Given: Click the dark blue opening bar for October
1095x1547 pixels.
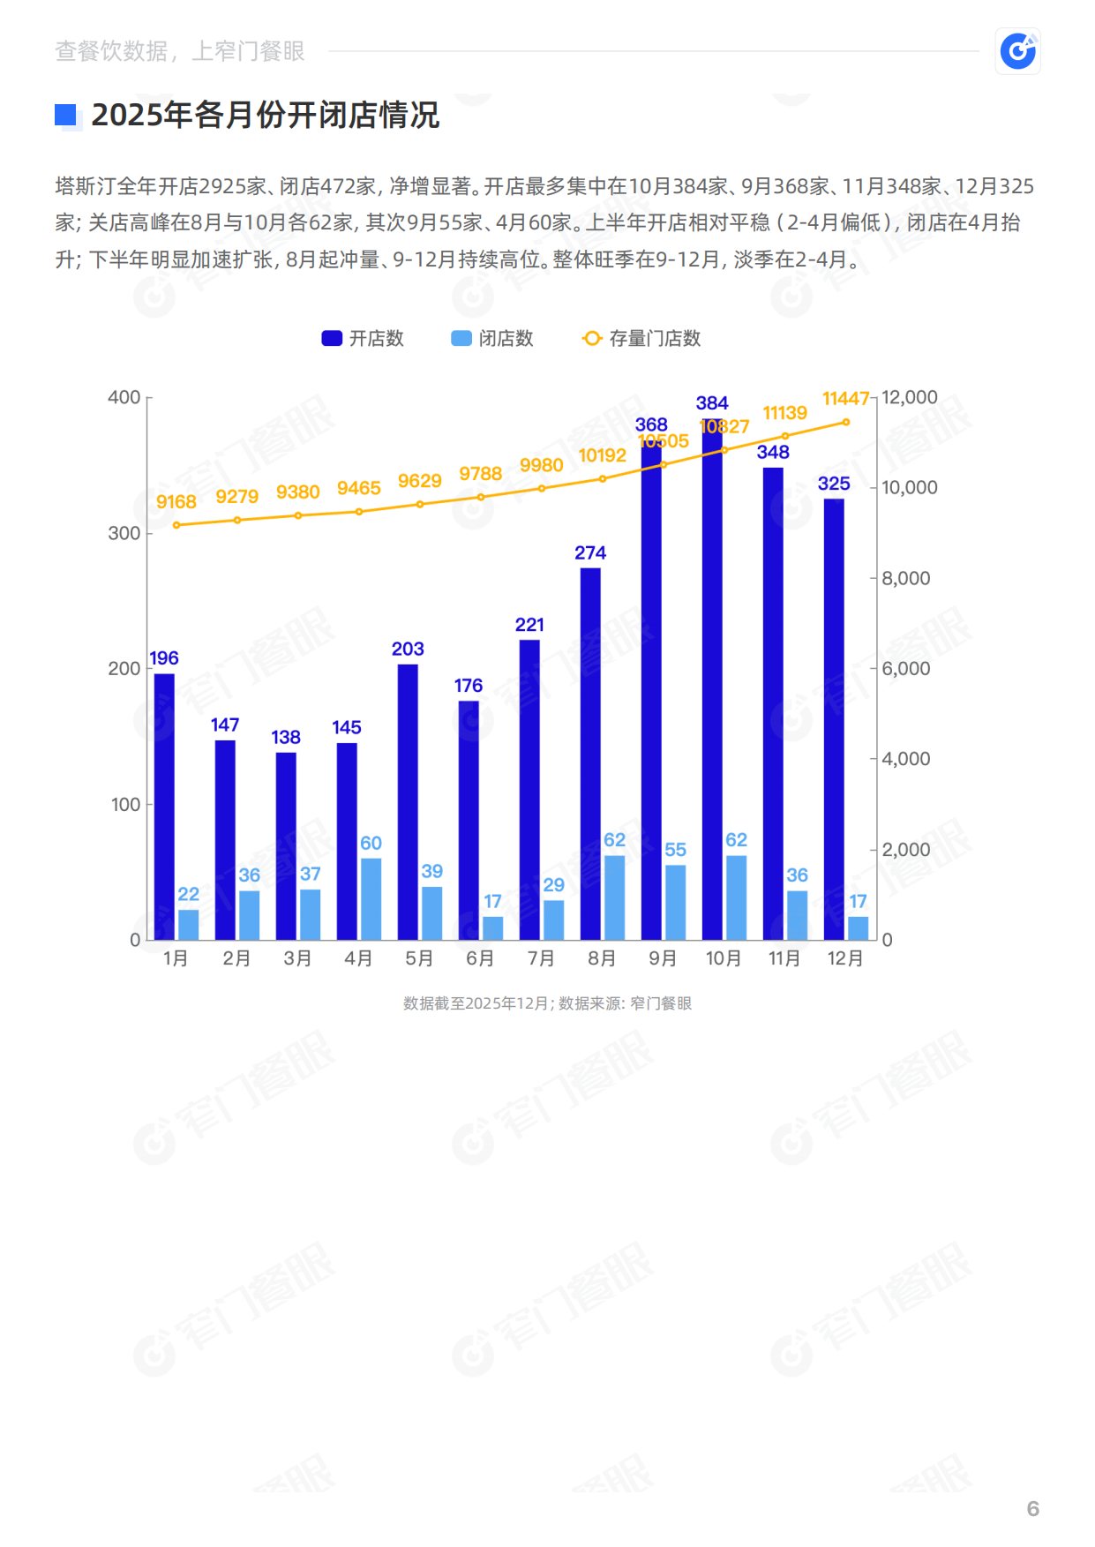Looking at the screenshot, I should click(x=712, y=688).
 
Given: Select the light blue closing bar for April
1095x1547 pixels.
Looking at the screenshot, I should click(x=371, y=898).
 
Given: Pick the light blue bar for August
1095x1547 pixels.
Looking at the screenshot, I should click(x=614, y=897).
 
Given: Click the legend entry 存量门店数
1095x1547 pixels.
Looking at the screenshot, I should click(x=642, y=338).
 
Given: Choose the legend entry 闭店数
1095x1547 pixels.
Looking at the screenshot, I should click(x=492, y=338).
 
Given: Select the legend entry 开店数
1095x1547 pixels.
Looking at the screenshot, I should click(x=363, y=338).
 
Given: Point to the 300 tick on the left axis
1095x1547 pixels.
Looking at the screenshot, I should click(x=124, y=533).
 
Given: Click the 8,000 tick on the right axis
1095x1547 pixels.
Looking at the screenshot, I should click(x=905, y=578).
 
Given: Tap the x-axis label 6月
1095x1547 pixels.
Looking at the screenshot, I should click(x=480, y=958).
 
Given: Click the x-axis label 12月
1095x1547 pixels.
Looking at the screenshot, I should click(x=845, y=958).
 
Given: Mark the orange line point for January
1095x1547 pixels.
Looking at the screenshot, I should click(x=176, y=525).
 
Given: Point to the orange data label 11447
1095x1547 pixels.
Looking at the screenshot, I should click(x=845, y=399).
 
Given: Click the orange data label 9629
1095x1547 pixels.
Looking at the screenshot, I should click(x=419, y=481).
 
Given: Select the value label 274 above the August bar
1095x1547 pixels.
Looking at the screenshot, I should click(x=590, y=552).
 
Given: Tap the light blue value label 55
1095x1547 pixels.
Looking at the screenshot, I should click(x=675, y=849).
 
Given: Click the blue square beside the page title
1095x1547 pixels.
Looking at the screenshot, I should click(x=66, y=115).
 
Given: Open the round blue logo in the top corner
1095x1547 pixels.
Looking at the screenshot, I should click(x=1017, y=51).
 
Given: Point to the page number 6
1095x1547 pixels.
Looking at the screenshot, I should click(x=1032, y=1508).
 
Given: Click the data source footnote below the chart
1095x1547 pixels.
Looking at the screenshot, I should click(x=547, y=1003).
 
